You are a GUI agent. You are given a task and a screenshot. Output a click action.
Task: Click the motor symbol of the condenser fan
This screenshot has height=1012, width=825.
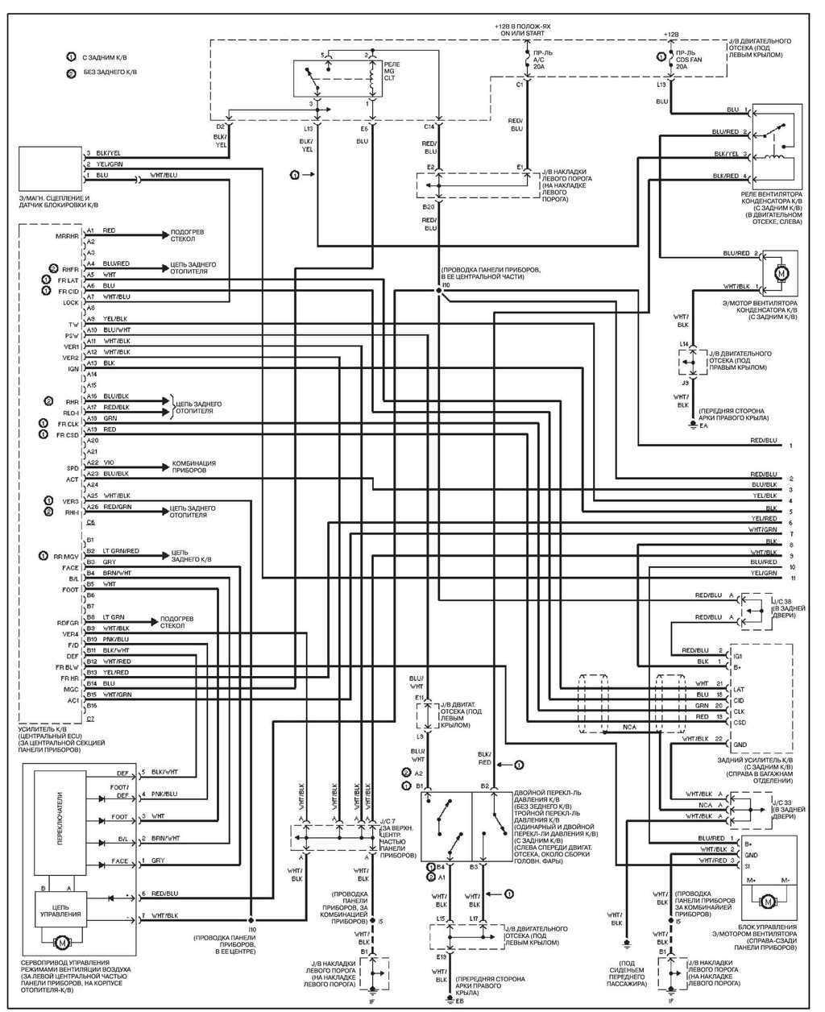[x=779, y=274]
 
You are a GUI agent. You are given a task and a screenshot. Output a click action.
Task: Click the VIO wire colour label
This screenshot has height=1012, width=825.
[x=109, y=462]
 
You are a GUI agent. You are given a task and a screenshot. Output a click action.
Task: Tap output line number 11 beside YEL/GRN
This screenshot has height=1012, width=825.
[x=793, y=579]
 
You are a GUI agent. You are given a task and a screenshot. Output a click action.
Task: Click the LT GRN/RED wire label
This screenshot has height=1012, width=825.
[x=121, y=551]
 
